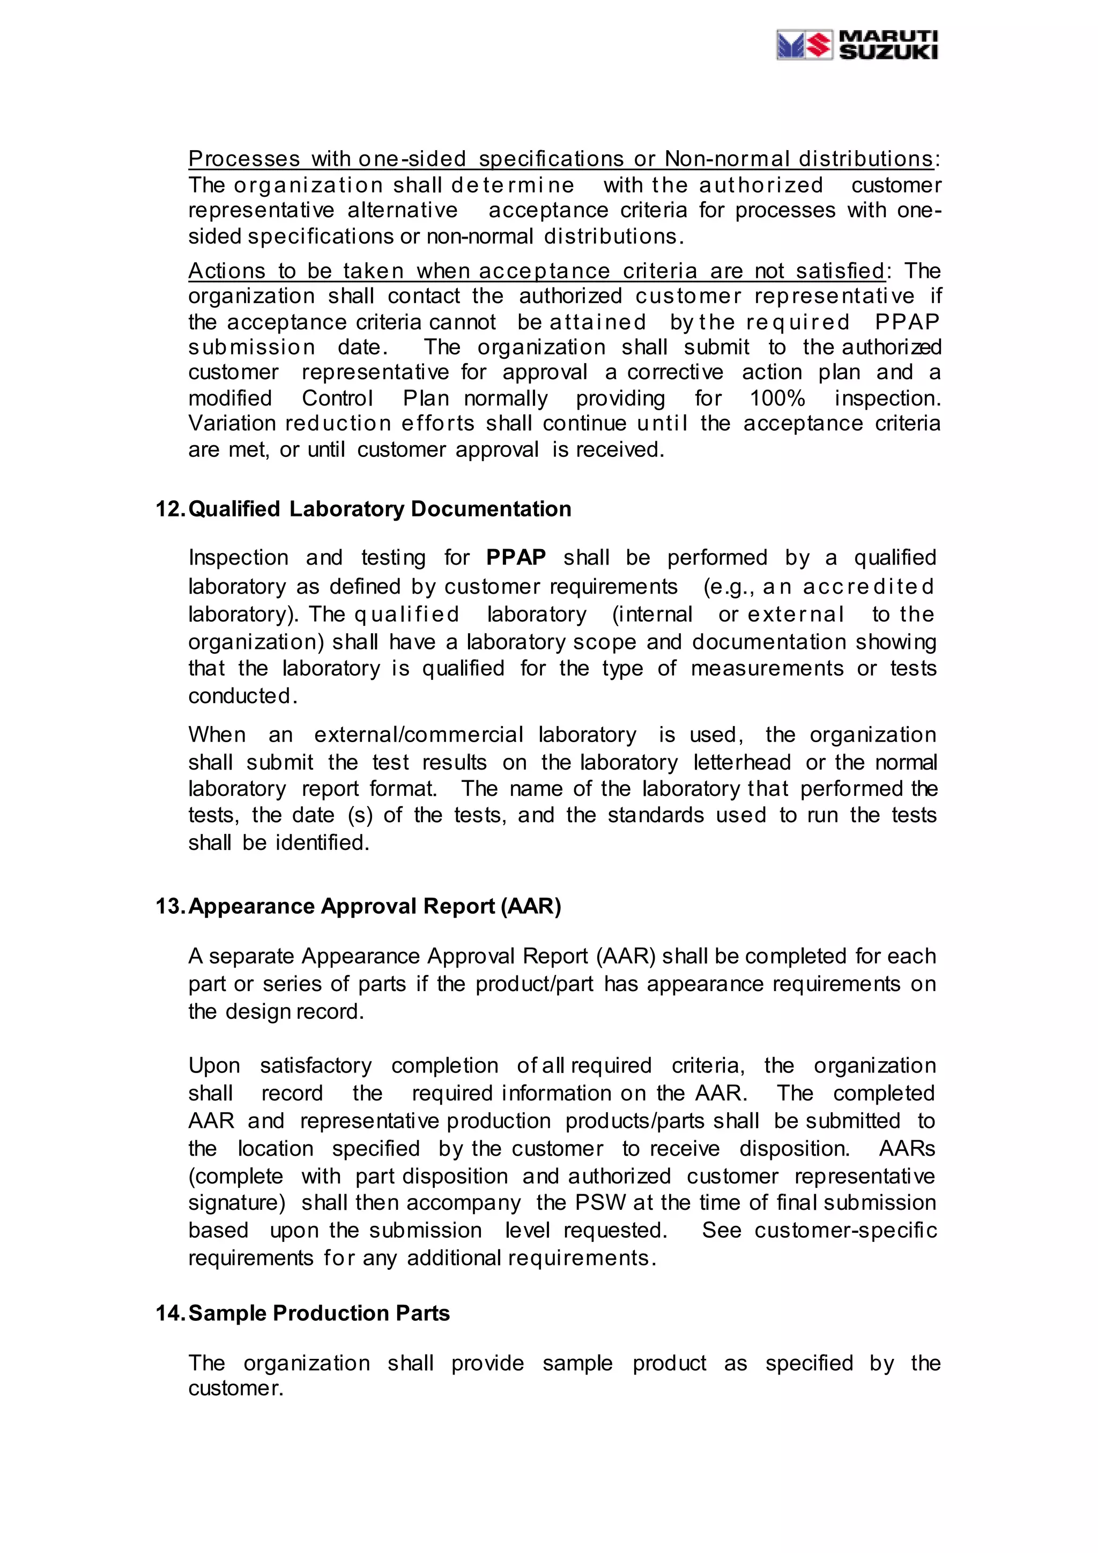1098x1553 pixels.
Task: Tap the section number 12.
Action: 170,509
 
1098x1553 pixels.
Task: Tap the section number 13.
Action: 170,906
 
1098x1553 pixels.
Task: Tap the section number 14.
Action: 170,1312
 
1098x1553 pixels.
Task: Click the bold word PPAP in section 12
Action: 516,557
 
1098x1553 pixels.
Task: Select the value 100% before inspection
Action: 777,398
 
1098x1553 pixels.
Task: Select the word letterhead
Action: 741,763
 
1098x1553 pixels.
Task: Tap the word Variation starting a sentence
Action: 232,424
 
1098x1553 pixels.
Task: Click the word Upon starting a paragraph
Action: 214,1066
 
